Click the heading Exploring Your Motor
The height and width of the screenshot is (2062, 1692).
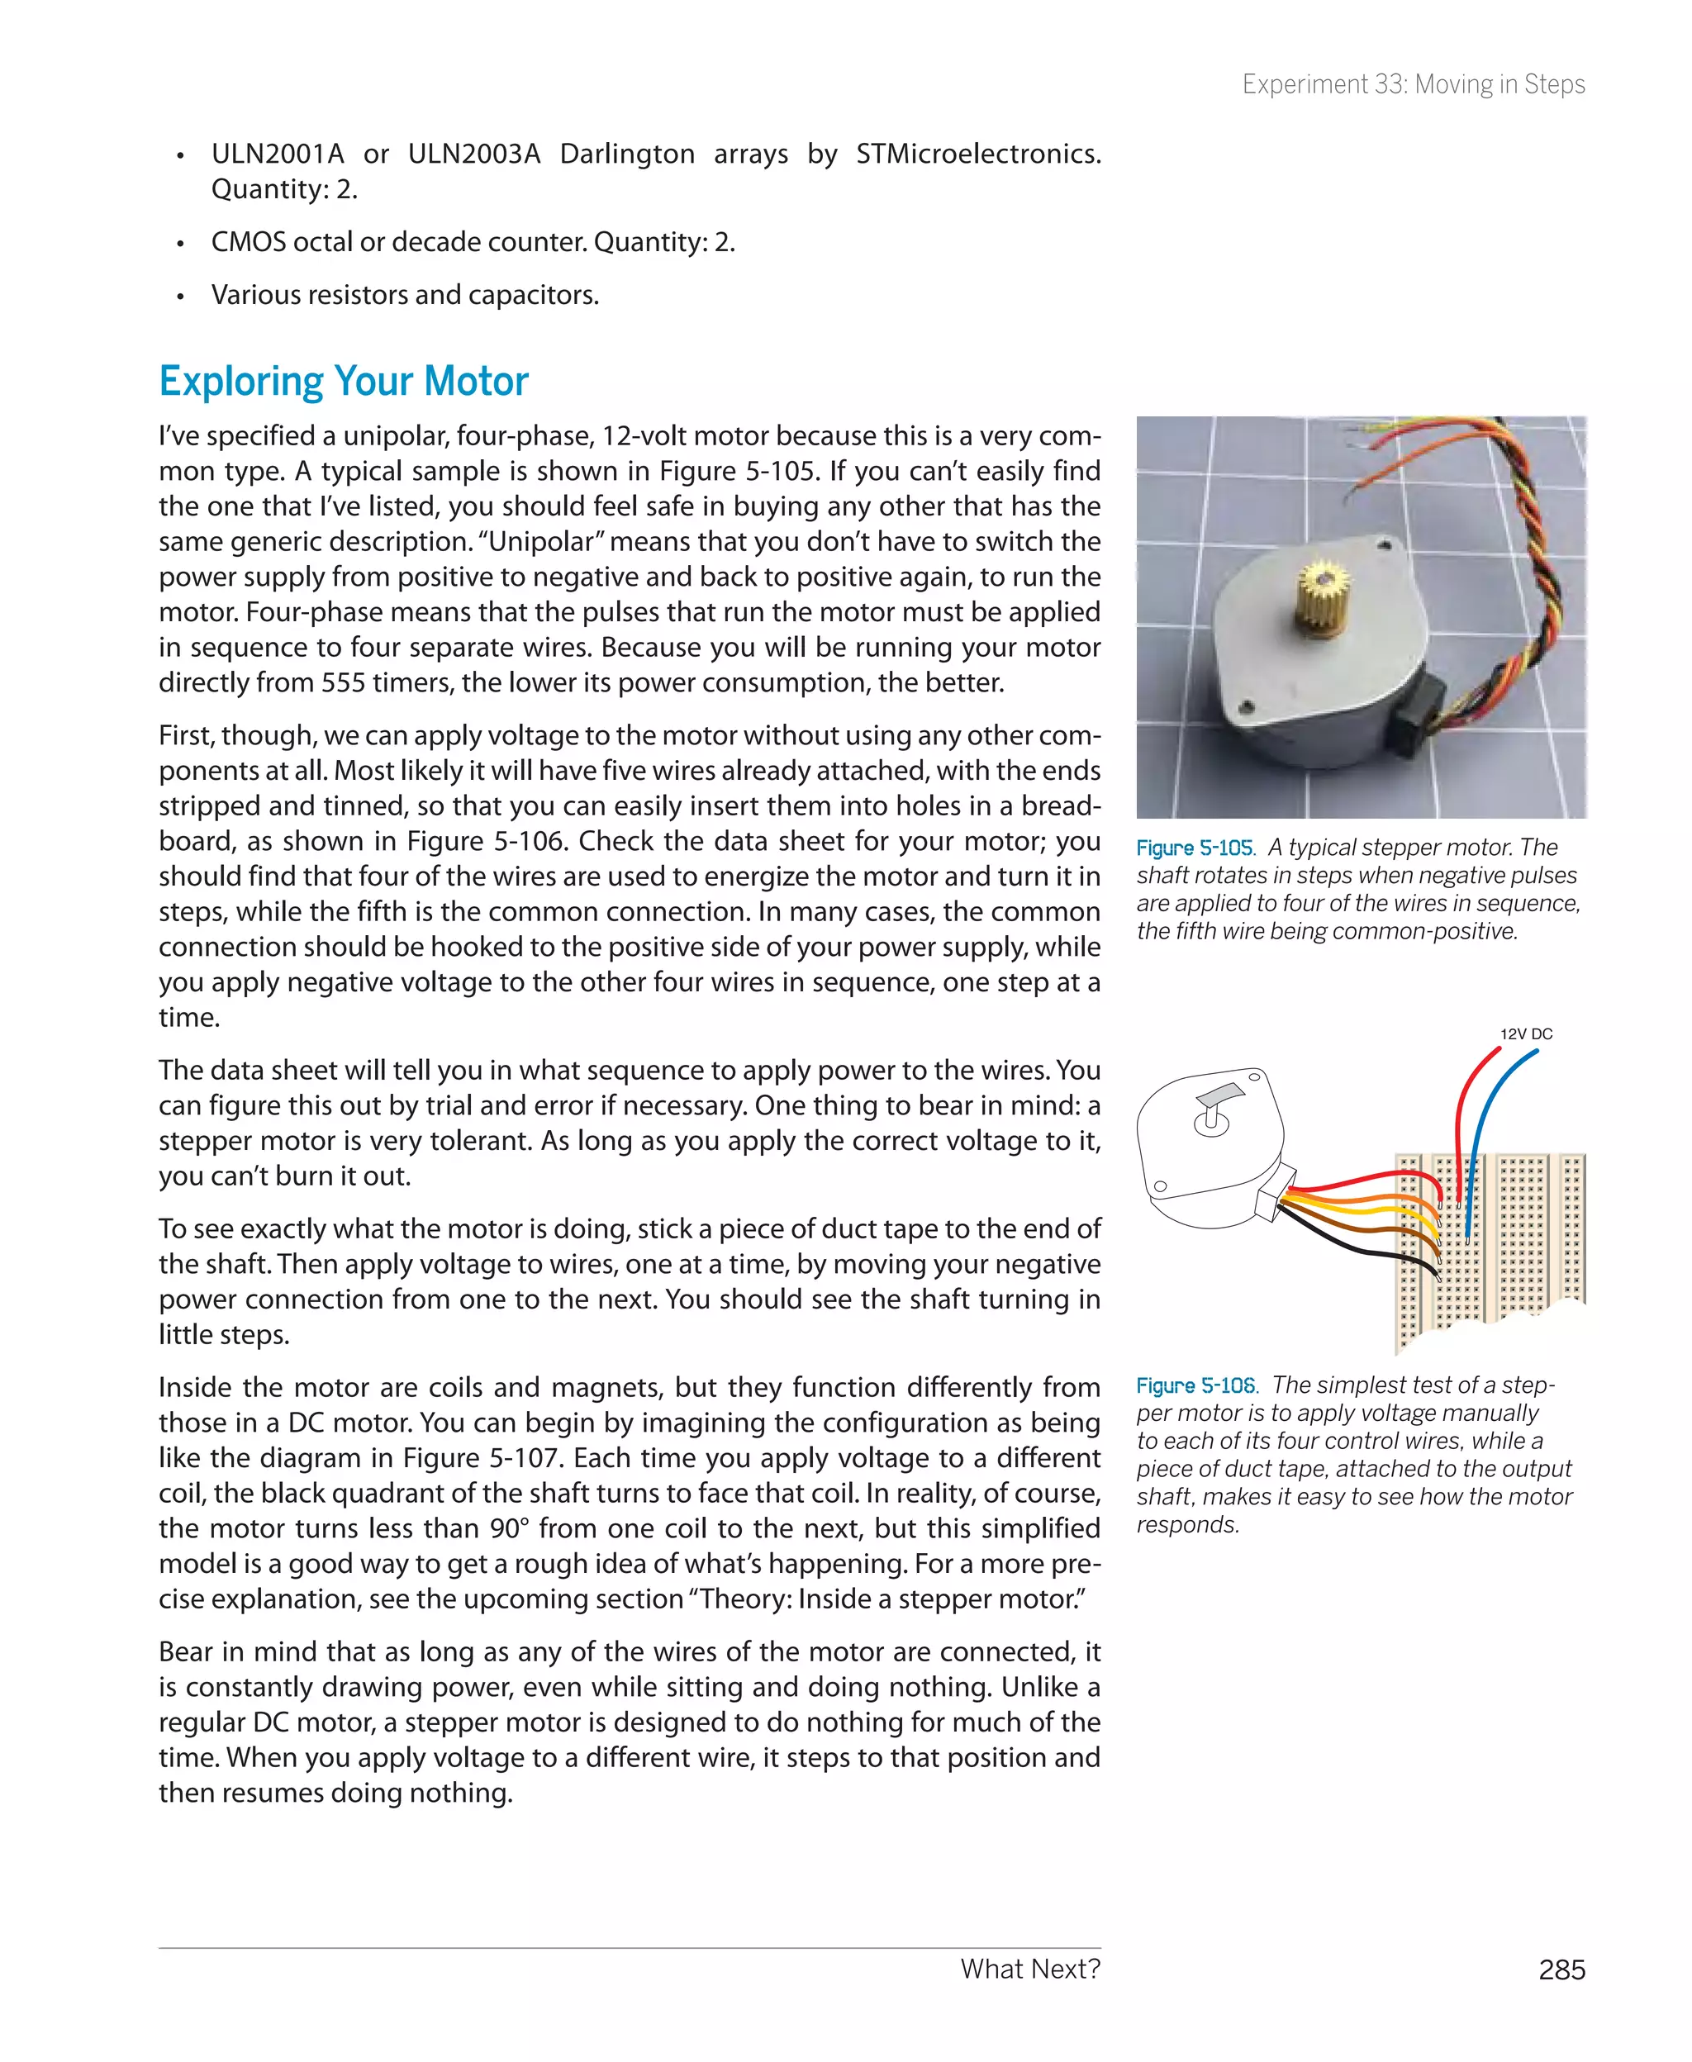click(343, 381)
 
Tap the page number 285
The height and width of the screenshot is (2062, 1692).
click(1561, 1969)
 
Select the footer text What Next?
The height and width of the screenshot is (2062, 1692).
click(1029, 1969)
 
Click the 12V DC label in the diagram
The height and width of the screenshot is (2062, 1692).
click(1525, 1034)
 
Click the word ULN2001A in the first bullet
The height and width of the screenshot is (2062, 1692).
click(278, 154)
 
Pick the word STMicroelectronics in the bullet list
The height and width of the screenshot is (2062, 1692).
click(977, 154)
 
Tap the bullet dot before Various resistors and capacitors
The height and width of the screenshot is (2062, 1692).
click(180, 297)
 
